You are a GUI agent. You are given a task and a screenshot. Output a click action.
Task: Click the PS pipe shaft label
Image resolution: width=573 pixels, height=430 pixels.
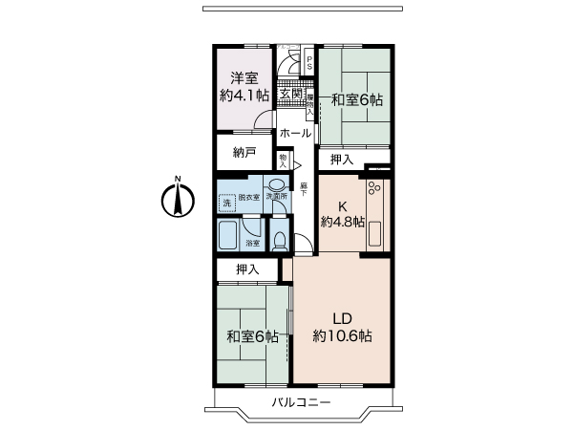click(308, 63)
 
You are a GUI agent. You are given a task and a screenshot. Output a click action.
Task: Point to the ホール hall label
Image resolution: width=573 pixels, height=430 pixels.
click(295, 134)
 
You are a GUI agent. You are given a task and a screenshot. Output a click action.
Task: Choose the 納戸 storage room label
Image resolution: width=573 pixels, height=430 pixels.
click(244, 152)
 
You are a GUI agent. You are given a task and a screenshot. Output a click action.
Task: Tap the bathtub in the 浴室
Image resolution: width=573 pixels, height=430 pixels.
click(228, 234)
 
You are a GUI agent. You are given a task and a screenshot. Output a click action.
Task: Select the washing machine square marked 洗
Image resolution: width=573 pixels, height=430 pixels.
click(226, 203)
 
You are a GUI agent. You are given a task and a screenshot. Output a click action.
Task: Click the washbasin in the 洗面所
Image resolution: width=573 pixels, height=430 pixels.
click(276, 185)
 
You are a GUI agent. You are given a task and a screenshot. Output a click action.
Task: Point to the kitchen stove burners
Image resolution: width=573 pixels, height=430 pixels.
click(372, 191)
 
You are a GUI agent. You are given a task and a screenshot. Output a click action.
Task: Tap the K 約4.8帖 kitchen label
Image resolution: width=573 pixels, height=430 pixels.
click(343, 214)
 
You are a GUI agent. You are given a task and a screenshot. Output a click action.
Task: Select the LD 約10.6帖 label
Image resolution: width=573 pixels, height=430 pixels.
click(342, 327)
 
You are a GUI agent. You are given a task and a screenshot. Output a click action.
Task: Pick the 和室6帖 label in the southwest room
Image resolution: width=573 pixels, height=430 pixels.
click(252, 336)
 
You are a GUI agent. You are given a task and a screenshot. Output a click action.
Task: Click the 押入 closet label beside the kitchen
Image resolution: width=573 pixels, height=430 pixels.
click(341, 159)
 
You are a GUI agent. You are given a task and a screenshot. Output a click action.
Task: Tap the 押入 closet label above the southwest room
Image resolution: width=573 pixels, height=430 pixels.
click(247, 269)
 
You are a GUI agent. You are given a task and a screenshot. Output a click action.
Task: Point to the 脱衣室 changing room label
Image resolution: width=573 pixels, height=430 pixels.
click(248, 196)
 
